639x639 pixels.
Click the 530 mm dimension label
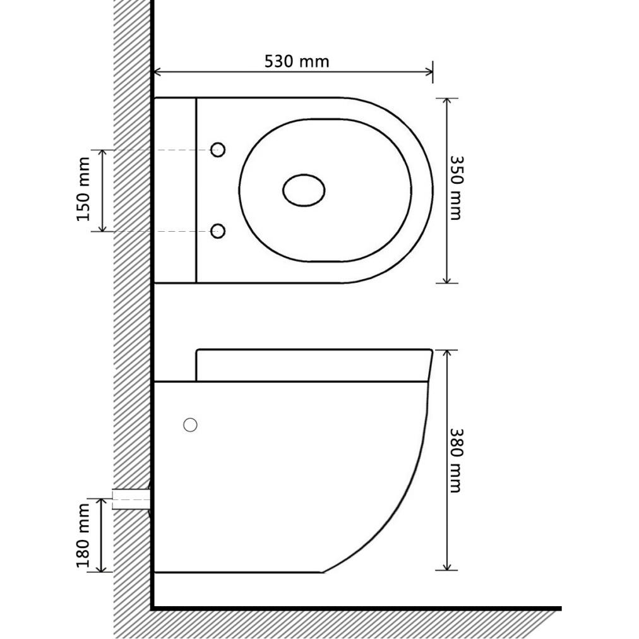[x=297, y=61]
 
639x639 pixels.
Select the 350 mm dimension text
[x=456, y=188]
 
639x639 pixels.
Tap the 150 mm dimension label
[x=83, y=189]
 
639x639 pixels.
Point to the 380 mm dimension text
[x=456, y=460]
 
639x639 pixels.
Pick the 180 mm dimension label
[x=83, y=535]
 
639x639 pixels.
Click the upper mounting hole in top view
[x=218, y=150]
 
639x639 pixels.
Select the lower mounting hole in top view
[x=218, y=231]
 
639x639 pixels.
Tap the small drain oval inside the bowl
[x=304, y=190]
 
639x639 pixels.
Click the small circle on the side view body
[x=190, y=425]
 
